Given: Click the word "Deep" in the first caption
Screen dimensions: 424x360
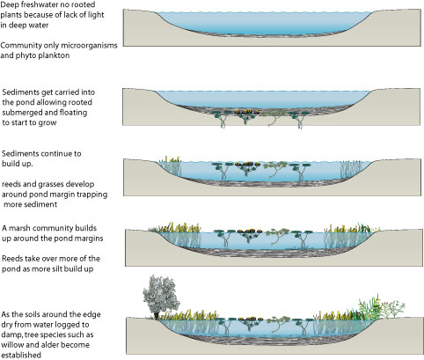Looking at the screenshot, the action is (x=10, y=5).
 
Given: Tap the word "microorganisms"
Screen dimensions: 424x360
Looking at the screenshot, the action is (x=89, y=45).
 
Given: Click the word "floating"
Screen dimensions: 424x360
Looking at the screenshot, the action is (x=72, y=113).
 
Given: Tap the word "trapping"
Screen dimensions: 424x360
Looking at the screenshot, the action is (x=91, y=195).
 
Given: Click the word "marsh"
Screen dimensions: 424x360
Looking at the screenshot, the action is (x=18, y=228).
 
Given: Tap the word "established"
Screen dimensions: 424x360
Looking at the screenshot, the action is (x=21, y=356).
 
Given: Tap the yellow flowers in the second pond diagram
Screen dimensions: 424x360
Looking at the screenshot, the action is (x=247, y=112).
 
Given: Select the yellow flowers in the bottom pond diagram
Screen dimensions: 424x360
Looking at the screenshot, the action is (x=250, y=319).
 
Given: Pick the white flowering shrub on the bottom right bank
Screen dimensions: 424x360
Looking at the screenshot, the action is (x=393, y=310).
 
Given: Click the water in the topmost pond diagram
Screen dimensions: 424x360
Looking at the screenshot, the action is (x=264, y=23).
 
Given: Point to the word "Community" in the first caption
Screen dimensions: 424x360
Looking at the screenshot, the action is (x=21, y=46).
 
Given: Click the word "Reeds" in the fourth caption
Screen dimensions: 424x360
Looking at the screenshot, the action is (x=12, y=259).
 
